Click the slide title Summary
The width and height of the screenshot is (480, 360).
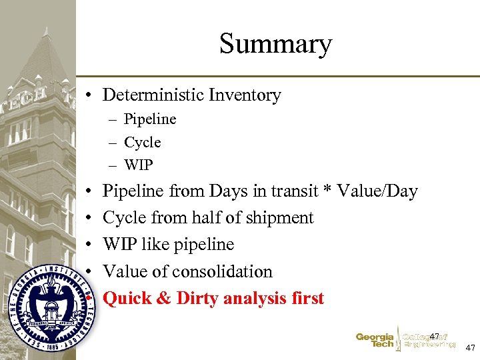(x=275, y=44)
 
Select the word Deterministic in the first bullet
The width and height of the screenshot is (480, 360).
(x=153, y=95)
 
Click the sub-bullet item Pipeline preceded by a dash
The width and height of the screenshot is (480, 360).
(x=150, y=119)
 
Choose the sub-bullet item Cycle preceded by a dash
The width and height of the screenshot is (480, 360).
(x=143, y=143)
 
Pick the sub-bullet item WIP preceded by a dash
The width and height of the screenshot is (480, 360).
(x=138, y=165)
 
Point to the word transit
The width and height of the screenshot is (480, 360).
(x=292, y=192)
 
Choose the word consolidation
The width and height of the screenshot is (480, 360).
(x=223, y=272)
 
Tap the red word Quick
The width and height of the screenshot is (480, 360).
(x=127, y=299)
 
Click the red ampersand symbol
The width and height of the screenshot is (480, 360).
(x=163, y=299)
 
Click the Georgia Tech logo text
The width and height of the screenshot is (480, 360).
(x=375, y=341)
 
